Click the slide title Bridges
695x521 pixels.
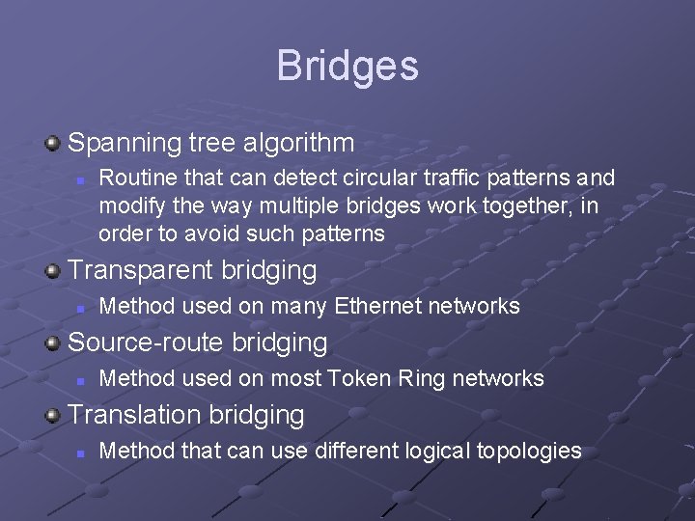347,66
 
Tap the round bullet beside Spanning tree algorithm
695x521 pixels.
53,145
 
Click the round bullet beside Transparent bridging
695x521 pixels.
53,271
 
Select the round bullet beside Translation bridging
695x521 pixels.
53,415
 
